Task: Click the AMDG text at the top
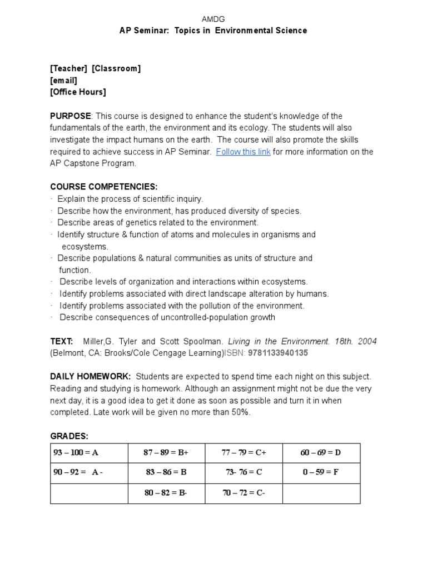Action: click(x=213, y=19)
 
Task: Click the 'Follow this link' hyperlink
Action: click(x=243, y=152)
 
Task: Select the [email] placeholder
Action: click(x=64, y=81)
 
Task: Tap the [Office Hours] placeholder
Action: click(x=78, y=92)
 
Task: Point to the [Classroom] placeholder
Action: click(x=116, y=68)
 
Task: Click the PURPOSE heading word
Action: click(x=71, y=116)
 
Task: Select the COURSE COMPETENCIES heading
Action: click(x=104, y=187)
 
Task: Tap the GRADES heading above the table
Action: click(x=69, y=436)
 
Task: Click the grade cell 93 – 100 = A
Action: click(x=76, y=453)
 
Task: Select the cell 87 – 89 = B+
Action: click(x=166, y=453)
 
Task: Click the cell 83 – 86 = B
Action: click(x=166, y=473)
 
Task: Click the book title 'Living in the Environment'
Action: click(x=276, y=341)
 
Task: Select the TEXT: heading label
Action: click(x=62, y=341)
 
